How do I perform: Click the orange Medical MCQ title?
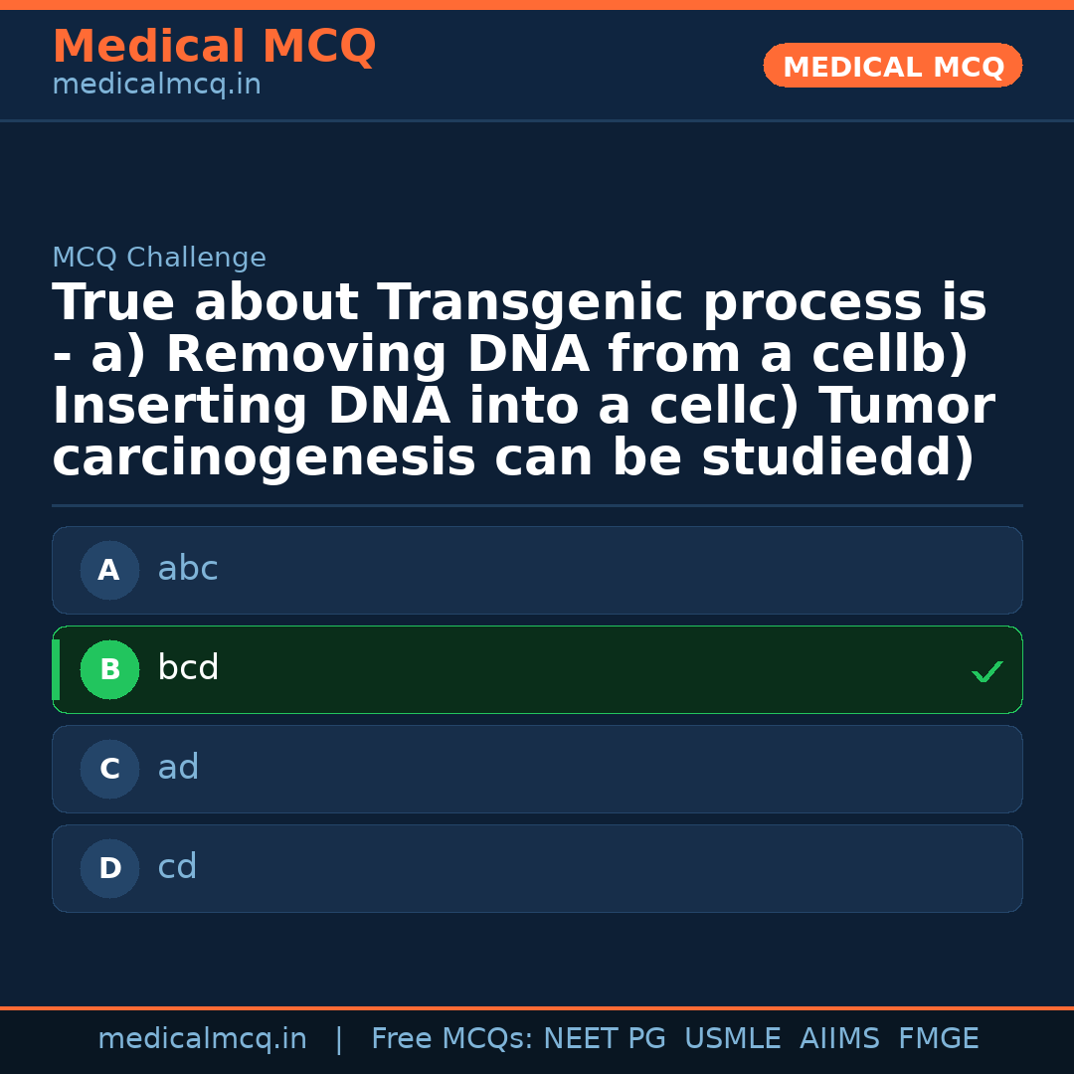[214, 47]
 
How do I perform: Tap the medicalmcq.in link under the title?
[156, 86]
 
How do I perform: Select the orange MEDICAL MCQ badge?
[892, 67]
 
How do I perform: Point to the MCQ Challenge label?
[159, 259]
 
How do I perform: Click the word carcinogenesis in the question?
[264, 458]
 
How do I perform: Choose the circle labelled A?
[109, 570]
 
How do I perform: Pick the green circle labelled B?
[109, 669]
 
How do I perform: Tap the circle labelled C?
[109, 769]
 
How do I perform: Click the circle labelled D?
[109, 868]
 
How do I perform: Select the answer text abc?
[188, 570]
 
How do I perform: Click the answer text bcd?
[188, 668]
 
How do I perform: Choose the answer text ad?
[178, 768]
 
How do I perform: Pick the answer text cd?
[177, 868]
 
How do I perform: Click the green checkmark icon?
[987, 672]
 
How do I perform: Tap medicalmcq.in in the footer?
[202, 1039]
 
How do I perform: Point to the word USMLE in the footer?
[732, 1039]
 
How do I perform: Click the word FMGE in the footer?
[938, 1039]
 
